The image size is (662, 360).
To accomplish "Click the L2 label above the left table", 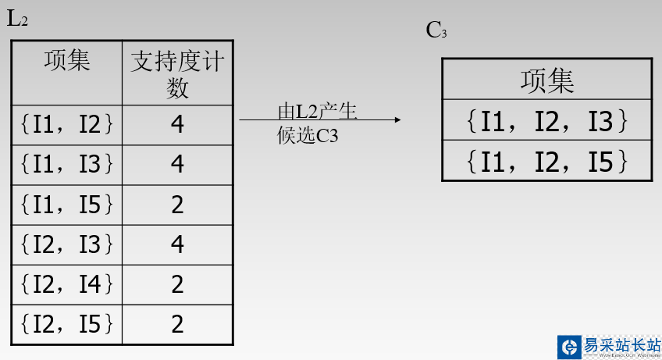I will [17, 20].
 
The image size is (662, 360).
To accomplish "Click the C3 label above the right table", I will [436, 30].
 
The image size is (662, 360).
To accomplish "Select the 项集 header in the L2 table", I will [67, 61].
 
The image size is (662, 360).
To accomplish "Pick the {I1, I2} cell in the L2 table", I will [67, 124].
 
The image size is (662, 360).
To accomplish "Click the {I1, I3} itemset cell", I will [67, 164].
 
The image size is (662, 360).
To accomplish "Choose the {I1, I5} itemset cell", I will [67, 205].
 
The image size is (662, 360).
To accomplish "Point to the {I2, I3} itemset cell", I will [67, 244].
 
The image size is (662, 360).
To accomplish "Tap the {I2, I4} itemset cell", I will [67, 284].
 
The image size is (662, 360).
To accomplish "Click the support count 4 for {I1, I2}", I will [177, 124].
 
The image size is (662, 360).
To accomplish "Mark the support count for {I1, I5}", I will [177, 205].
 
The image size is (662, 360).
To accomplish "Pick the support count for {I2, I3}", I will [177, 244].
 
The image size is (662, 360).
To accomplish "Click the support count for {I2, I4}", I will [177, 284].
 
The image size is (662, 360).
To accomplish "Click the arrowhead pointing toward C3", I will [397, 119].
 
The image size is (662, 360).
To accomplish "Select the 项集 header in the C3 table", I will [546, 80].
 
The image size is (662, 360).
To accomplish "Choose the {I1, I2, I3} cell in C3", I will [546, 120].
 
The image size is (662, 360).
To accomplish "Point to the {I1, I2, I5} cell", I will [546, 160].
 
